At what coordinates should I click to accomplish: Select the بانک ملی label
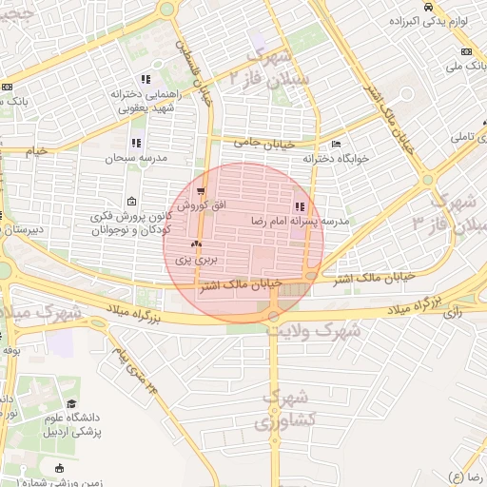tap(464, 68)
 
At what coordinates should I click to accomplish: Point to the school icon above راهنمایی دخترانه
tap(146, 79)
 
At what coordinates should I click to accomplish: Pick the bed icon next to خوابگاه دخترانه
tap(337, 145)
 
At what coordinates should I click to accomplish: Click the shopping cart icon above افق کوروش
tap(200, 191)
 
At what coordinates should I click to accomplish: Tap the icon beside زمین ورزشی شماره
tap(61, 467)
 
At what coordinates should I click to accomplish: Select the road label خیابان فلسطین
tap(203, 81)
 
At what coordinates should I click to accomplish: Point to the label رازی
tap(453, 310)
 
